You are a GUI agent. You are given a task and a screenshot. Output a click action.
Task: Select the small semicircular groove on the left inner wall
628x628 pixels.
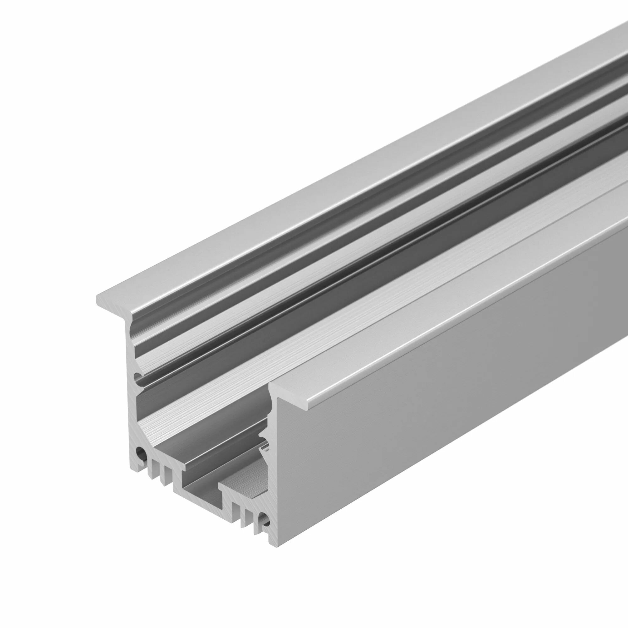pos(138,377)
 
